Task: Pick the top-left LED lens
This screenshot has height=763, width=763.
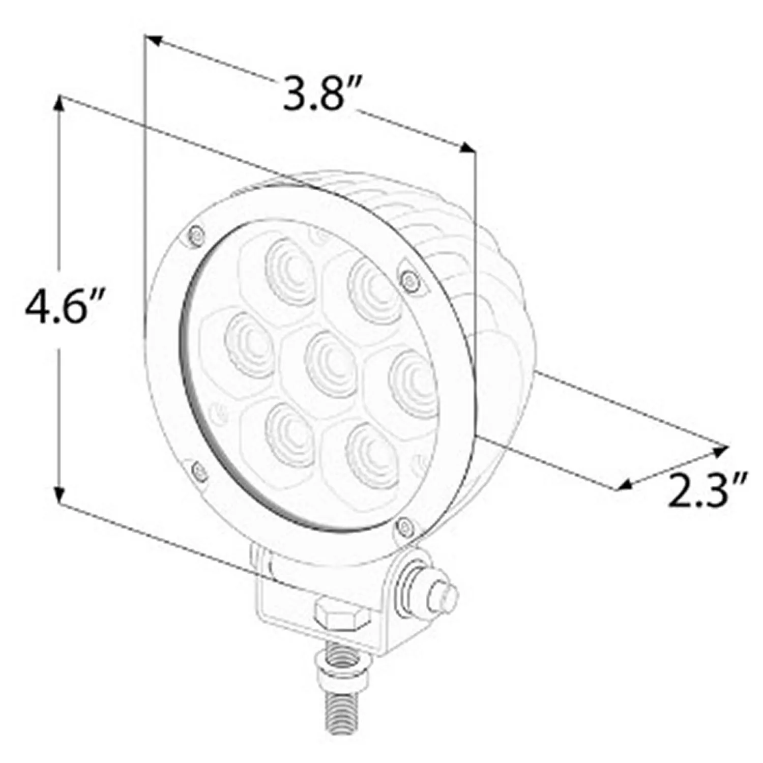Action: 289,265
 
